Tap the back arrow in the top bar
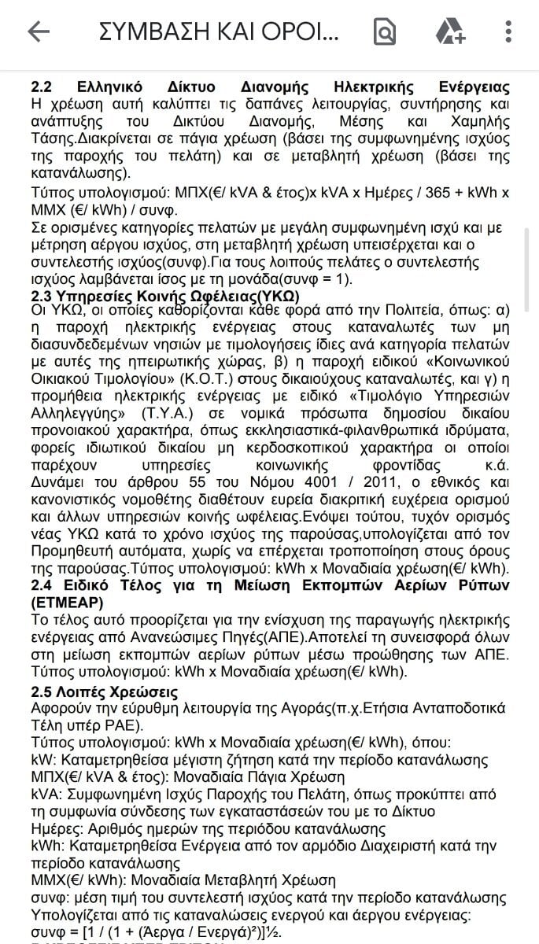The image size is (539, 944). [38, 31]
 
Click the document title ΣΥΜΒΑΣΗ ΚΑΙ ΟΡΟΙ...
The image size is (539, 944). [219, 31]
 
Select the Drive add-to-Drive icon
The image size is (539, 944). [450, 31]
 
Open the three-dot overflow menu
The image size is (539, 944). [508, 31]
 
